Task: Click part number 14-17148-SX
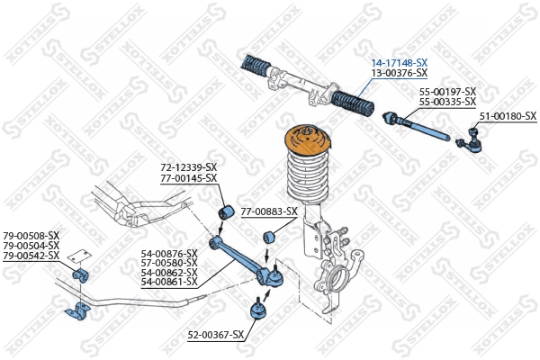tap(400, 62)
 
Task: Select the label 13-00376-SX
tap(400, 72)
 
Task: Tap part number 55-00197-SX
tap(447, 92)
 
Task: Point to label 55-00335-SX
tap(447, 102)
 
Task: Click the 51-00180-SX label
tap(507, 116)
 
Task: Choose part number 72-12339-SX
tap(189, 167)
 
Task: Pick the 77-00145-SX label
tap(189, 178)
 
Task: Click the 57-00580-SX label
tap(168, 263)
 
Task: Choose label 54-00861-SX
tap(168, 282)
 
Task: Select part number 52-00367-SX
tap(216, 335)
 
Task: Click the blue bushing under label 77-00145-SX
tap(228, 212)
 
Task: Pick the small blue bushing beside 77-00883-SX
tap(267, 238)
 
